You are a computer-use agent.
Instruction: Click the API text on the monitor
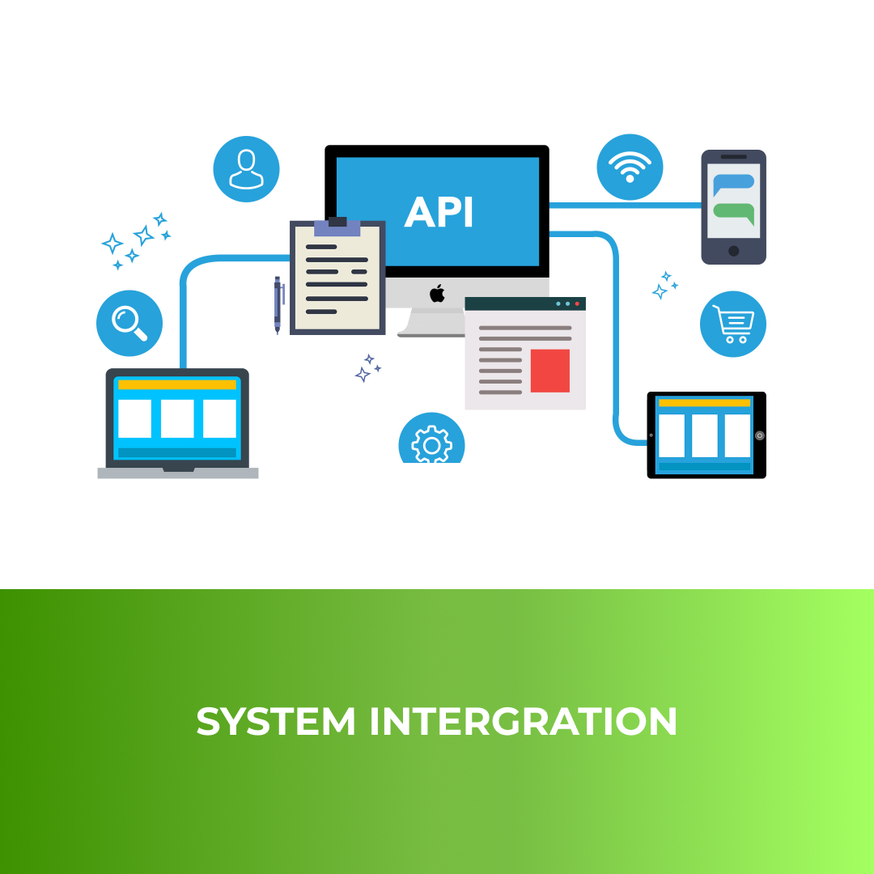click(439, 212)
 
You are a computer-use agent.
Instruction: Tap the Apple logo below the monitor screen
click(437, 293)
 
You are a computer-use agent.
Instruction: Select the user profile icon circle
click(246, 169)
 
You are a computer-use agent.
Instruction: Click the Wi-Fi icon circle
click(630, 168)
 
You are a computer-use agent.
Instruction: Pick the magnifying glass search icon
click(129, 323)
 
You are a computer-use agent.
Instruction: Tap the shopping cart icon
click(733, 324)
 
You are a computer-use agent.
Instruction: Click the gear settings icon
click(431, 443)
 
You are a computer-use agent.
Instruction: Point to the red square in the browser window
click(550, 371)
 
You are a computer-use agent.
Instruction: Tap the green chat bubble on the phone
click(734, 212)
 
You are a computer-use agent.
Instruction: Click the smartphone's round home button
click(734, 251)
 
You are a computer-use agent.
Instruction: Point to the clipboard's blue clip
click(337, 227)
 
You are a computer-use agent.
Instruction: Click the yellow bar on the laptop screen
click(177, 385)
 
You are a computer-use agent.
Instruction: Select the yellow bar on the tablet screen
click(704, 402)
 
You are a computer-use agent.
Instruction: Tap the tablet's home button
click(759, 435)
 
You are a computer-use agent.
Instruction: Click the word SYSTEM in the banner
click(276, 721)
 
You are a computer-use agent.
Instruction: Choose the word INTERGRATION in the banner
click(524, 721)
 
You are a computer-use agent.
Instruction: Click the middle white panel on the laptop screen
click(177, 418)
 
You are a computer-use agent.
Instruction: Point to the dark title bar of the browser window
click(524, 303)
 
